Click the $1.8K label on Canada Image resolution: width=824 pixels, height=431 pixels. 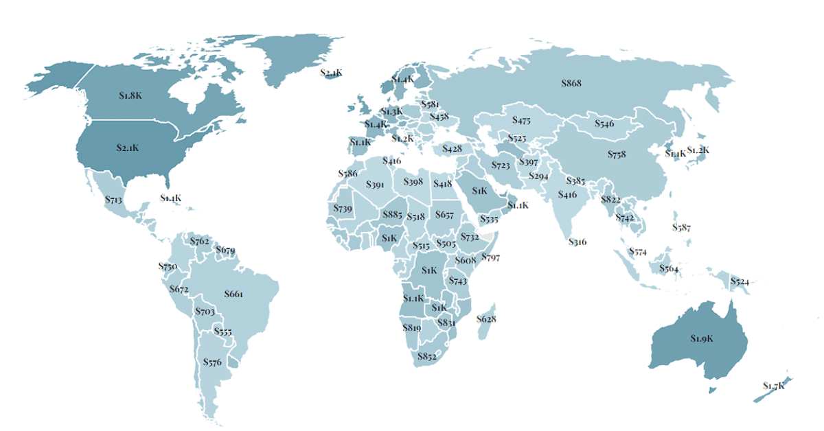(x=130, y=95)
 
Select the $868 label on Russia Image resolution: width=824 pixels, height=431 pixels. (x=571, y=83)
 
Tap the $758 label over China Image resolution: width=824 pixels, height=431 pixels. (x=617, y=154)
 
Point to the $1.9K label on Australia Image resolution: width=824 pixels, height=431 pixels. (x=702, y=338)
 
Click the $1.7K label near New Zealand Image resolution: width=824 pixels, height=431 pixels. (x=773, y=386)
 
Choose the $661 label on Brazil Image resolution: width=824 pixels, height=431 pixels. (x=233, y=294)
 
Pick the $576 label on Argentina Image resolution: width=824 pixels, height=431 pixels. (x=212, y=362)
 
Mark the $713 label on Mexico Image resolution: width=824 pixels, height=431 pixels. (x=114, y=200)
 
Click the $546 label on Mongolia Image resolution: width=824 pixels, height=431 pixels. (x=604, y=124)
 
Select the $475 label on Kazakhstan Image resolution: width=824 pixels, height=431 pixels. (x=522, y=120)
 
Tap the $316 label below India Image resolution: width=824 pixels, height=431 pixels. (x=577, y=242)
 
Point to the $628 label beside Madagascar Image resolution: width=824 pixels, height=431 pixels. (x=486, y=319)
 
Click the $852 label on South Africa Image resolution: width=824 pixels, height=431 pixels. (x=426, y=356)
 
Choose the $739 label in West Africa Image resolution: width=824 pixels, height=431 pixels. (x=343, y=208)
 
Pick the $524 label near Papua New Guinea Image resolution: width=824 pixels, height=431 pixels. (x=740, y=281)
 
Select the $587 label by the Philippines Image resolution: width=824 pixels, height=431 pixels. (x=681, y=227)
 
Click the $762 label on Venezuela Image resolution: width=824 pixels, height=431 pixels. (x=200, y=241)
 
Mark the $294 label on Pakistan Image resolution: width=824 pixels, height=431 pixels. (x=538, y=176)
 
